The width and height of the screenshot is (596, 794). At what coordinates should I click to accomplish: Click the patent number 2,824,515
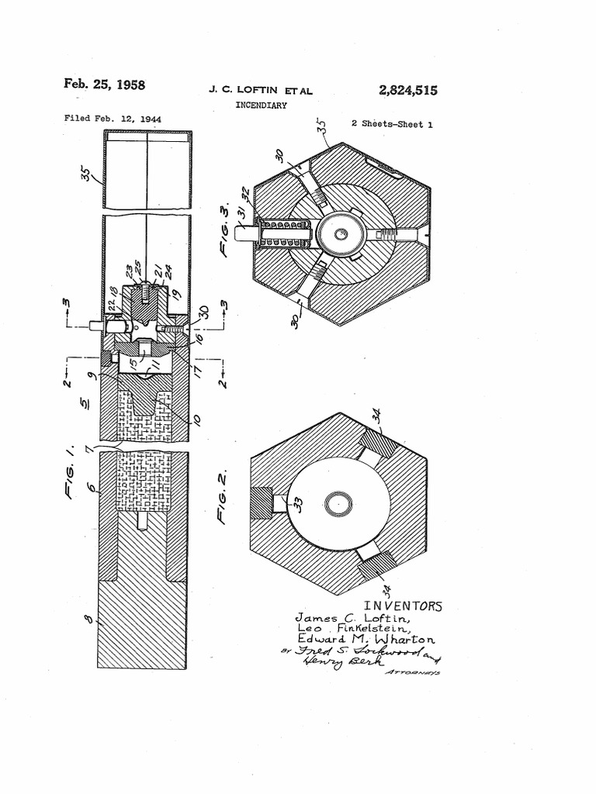tap(408, 91)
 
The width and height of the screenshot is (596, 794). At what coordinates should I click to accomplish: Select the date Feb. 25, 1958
tap(104, 85)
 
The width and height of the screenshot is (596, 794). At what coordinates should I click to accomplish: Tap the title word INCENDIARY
tap(261, 105)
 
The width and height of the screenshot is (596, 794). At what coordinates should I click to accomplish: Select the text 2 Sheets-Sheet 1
tap(392, 124)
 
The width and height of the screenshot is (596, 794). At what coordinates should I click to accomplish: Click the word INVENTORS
tap(402, 606)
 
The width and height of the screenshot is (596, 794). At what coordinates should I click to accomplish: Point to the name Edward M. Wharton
tap(366, 640)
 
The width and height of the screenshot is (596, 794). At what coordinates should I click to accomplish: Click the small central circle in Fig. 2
tap(338, 504)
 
